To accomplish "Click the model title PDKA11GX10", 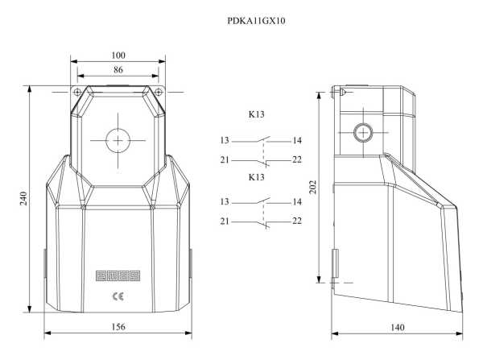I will click(256, 21).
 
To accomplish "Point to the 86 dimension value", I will click(118, 71).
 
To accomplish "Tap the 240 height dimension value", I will click(23, 198).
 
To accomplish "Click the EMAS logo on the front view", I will click(118, 275).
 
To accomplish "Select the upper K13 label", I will click(256, 115).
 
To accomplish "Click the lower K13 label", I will click(256, 176).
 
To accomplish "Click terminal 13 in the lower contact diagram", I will click(225, 201).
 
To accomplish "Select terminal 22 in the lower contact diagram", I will click(296, 221).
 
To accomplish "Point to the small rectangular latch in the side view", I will click(336, 263).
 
